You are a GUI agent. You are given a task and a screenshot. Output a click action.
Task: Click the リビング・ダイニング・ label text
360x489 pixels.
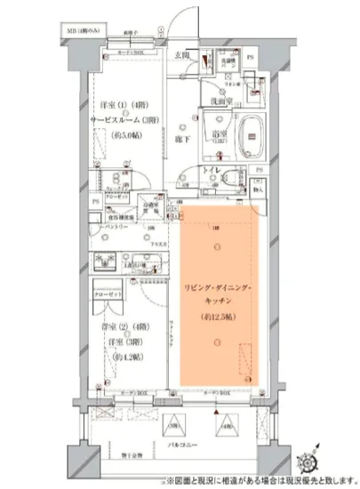point(217,287)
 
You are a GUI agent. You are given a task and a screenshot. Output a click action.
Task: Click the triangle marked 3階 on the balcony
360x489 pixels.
point(176,422)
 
